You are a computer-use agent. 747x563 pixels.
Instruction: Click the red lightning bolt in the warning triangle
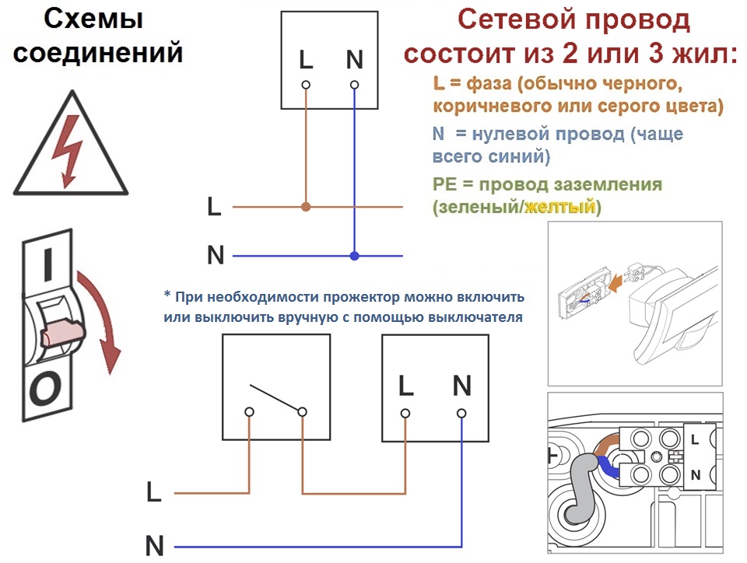68,152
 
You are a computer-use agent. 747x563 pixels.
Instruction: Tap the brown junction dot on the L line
307,207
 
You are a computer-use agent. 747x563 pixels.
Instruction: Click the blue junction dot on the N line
355,256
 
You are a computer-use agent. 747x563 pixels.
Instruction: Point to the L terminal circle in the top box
306,86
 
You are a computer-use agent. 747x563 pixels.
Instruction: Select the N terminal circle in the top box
355,86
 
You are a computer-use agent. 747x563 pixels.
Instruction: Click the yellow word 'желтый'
559,207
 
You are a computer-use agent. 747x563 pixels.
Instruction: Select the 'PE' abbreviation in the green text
444,184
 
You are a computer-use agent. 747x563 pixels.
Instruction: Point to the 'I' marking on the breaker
47,264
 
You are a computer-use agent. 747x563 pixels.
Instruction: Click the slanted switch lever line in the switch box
275,397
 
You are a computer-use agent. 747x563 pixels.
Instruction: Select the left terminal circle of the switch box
249,412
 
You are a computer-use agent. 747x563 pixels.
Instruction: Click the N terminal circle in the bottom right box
461,413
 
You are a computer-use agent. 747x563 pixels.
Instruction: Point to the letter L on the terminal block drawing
695,439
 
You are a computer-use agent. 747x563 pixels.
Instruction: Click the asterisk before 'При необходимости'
167,295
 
